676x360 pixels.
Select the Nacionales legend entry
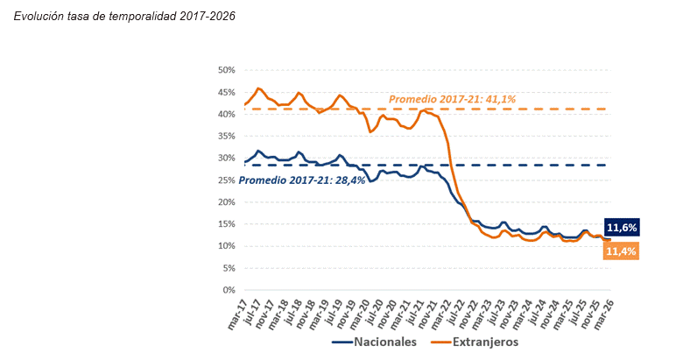click(376, 341)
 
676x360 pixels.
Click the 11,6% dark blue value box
click(621, 228)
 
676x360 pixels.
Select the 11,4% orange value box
click(621, 251)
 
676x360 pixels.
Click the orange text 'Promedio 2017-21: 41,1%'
click(453, 99)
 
